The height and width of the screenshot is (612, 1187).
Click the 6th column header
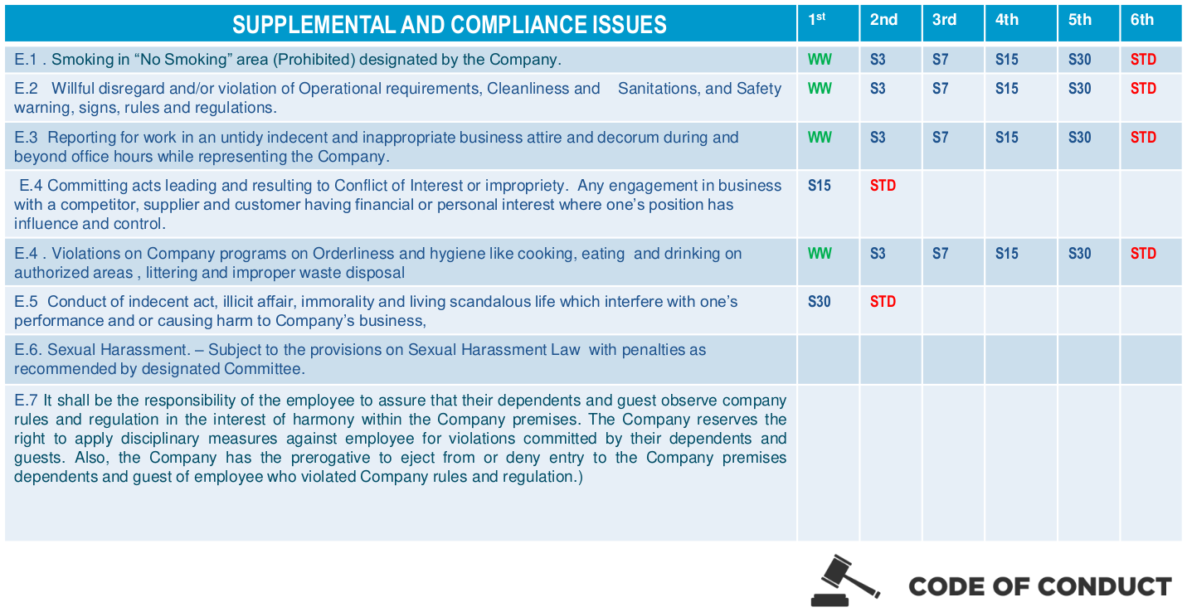click(1141, 20)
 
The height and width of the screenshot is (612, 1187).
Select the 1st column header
click(817, 19)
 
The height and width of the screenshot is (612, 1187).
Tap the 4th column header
click(1007, 20)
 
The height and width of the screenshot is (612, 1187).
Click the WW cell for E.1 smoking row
click(820, 60)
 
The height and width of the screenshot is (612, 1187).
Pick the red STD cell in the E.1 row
click(1143, 60)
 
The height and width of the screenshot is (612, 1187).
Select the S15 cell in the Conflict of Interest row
click(820, 186)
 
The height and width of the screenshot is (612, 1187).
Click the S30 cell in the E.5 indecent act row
click(820, 302)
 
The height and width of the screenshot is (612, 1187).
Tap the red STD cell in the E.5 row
click(883, 302)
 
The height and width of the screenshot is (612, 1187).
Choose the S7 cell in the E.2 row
click(940, 89)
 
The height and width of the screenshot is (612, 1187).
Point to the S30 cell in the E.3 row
click(1079, 138)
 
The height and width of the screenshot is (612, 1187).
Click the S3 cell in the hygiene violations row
click(878, 254)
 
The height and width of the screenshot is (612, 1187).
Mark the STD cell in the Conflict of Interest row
click(883, 186)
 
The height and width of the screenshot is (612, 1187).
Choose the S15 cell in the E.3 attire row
click(1007, 138)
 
